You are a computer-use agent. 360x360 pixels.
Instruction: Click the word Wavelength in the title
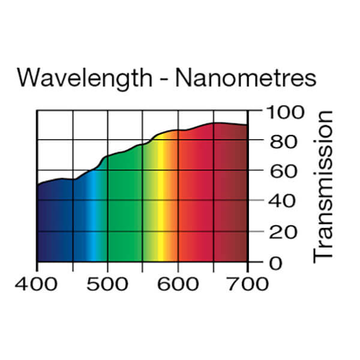point(85,78)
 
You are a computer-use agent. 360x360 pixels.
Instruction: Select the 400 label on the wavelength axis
point(37,283)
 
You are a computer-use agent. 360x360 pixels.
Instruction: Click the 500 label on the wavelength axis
point(107,283)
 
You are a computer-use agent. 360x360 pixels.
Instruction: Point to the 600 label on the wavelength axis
point(178,283)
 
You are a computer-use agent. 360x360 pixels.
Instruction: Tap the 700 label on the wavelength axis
point(247,283)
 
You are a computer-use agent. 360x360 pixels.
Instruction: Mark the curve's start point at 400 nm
point(38,185)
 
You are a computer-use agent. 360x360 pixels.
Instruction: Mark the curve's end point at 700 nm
point(247,125)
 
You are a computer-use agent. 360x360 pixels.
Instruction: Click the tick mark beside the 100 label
point(254,111)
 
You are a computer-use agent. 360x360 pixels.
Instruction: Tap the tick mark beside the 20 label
point(254,231)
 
